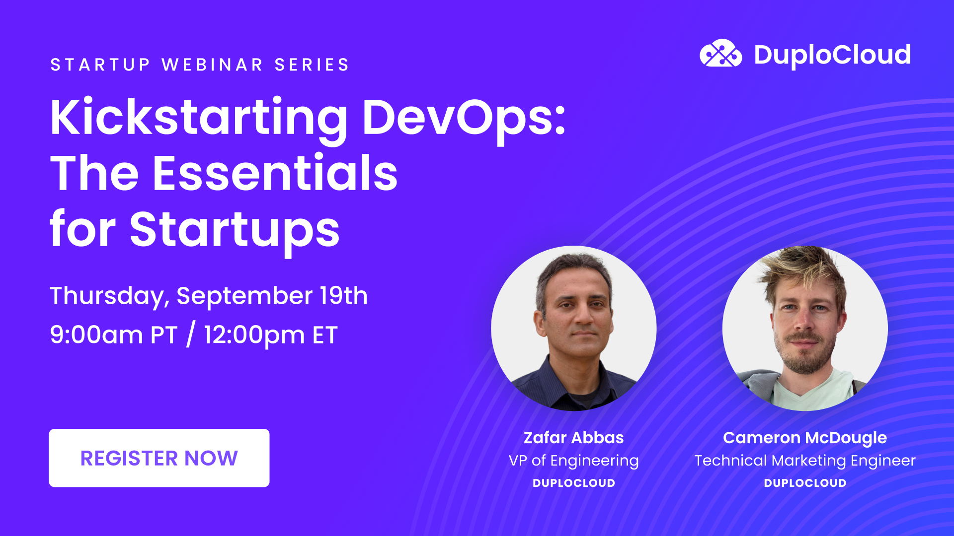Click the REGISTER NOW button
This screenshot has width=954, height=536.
point(159,458)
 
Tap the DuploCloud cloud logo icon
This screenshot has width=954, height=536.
point(720,54)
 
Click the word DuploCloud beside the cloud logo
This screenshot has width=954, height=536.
point(832,55)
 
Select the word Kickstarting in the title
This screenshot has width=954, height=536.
point(199,118)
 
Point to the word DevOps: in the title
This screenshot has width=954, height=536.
point(464,118)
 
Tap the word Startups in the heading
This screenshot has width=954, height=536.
point(235,230)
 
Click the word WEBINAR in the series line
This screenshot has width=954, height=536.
point(212,65)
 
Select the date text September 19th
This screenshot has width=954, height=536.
point(272,296)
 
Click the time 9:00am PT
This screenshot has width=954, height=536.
point(114,335)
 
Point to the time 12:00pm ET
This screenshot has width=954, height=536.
point(271,335)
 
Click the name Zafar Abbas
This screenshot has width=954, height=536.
point(573,438)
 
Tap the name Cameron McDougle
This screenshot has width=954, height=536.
point(804,438)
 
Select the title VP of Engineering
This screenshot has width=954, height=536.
point(573,461)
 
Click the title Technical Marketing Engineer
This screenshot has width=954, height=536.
point(804,461)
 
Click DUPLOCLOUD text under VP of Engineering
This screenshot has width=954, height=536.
point(573,483)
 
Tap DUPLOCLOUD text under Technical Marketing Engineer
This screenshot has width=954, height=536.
point(804,483)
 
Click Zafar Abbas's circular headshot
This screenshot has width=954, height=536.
point(573,328)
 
